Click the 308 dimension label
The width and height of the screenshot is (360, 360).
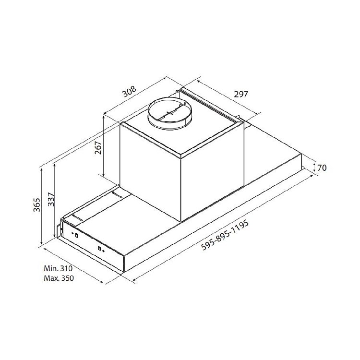coord(130,92)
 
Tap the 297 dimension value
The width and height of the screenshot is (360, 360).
coord(241,94)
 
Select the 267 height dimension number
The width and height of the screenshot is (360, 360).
coord(98,148)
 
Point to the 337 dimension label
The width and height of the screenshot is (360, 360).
coord(51,199)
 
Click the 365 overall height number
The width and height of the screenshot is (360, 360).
coord(37,205)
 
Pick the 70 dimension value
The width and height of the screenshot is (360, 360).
coord(322,168)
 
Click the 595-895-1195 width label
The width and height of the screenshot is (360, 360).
coord(225,235)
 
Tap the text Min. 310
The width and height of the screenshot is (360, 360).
coord(58,268)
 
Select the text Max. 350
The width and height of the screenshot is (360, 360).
coord(59,278)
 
